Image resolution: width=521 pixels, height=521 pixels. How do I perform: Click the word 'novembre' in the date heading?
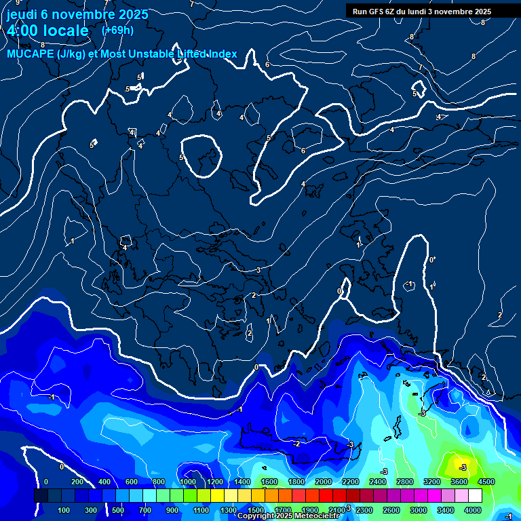(x=86, y=14)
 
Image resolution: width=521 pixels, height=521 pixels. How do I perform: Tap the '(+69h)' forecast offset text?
(x=117, y=30)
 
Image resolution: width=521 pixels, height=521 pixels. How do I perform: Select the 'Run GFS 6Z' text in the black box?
(x=374, y=12)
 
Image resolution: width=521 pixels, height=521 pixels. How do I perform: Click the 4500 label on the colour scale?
(x=486, y=482)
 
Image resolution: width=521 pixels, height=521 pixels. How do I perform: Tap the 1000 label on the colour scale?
(x=187, y=482)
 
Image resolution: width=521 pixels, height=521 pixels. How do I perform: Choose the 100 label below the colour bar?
(x=64, y=510)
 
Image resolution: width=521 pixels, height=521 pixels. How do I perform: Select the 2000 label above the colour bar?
(x=323, y=482)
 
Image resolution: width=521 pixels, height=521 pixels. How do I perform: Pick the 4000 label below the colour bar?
(x=473, y=510)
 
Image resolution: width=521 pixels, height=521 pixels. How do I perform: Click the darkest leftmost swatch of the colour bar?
(x=41, y=496)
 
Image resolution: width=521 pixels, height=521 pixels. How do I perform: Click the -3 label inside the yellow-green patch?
(x=463, y=467)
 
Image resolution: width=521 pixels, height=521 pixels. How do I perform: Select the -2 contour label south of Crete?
(x=296, y=444)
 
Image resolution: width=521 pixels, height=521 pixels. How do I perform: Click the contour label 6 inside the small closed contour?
(x=303, y=151)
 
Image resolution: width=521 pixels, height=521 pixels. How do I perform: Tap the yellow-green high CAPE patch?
(x=456, y=467)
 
